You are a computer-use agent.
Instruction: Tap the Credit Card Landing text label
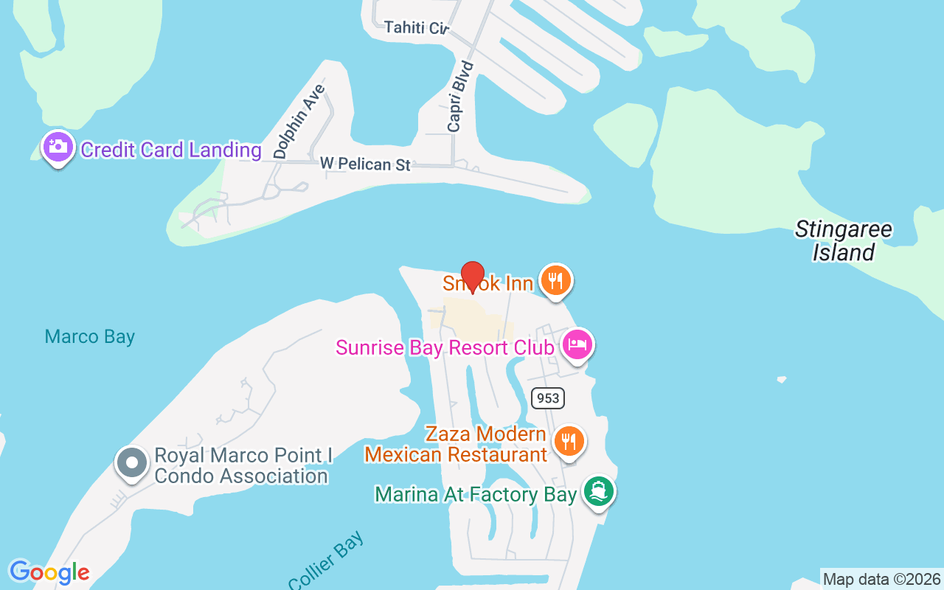pos(171,150)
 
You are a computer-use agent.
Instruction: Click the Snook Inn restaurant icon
pos(556,281)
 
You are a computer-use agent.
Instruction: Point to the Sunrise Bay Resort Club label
pos(445,347)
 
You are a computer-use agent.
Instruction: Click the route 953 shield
pos(547,398)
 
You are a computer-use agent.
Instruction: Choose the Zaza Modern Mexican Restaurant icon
pos(568,441)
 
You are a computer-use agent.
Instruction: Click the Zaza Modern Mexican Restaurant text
pos(456,444)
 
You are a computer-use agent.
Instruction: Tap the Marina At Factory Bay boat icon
pos(598,491)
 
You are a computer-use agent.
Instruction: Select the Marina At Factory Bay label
pos(476,494)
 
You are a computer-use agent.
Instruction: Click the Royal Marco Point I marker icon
pos(133,464)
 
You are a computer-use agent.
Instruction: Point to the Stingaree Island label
pos(844,241)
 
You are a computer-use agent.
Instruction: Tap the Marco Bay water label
pos(90,337)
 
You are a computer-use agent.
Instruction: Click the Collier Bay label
pos(327,562)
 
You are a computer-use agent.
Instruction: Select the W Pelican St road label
pos(365,163)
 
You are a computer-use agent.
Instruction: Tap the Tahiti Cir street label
pos(417,28)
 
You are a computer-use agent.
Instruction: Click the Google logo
pos(49,572)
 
